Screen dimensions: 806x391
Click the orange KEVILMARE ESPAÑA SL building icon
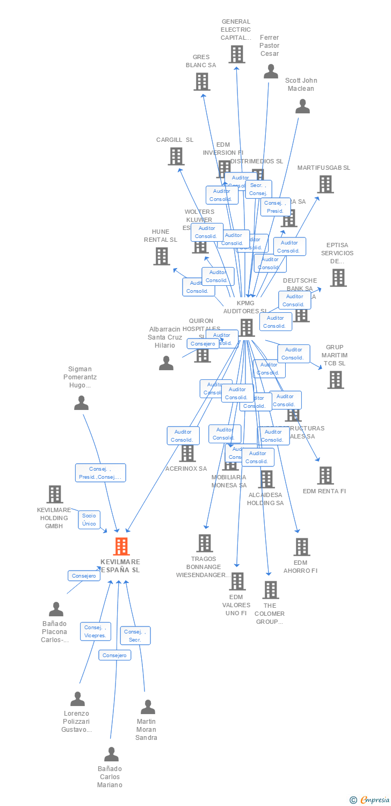click(x=121, y=546)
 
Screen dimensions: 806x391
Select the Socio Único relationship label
click(x=89, y=520)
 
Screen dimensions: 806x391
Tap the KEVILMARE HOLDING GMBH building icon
click(x=55, y=494)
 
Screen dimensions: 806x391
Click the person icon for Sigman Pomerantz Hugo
click(x=81, y=403)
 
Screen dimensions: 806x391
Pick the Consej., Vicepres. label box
click(x=96, y=631)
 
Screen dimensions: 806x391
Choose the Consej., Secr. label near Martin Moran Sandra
click(x=135, y=636)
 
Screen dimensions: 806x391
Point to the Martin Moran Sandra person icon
click(x=148, y=707)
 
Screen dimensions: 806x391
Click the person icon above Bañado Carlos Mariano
click(x=111, y=754)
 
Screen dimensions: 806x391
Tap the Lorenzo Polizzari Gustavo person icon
click(x=77, y=699)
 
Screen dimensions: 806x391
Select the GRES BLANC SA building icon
click(x=201, y=82)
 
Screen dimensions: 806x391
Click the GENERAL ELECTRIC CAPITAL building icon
click(x=236, y=54)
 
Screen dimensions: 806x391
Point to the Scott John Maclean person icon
click(x=302, y=106)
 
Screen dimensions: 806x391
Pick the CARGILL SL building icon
click(x=176, y=156)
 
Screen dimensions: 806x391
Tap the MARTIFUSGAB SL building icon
click(x=324, y=184)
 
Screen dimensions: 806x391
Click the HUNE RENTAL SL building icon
click(x=161, y=256)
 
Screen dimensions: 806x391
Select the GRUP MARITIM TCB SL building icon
click(x=335, y=380)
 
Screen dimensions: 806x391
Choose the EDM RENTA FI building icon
click(x=325, y=476)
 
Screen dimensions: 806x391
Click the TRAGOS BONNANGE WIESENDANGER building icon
click(x=205, y=543)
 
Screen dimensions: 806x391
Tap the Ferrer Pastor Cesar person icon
click(x=271, y=71)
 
